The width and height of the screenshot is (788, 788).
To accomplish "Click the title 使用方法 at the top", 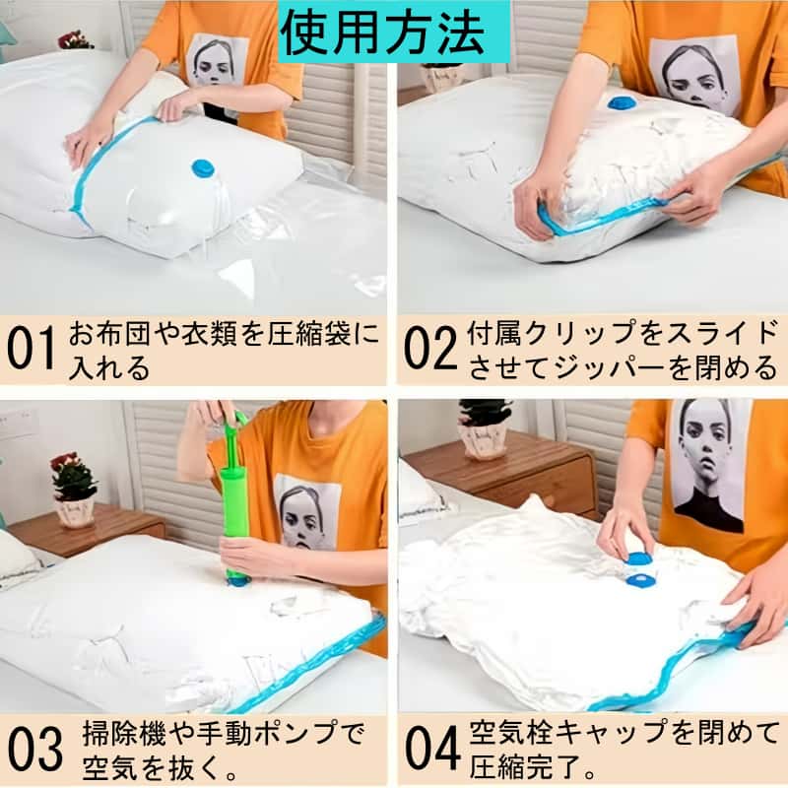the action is point(383,34).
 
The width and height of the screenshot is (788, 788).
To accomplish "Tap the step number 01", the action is point(31,348).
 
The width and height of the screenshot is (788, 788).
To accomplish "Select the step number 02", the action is point(430,348).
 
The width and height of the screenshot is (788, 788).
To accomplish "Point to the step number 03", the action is point(35,749).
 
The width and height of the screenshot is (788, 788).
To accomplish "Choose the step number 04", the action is point(432,748).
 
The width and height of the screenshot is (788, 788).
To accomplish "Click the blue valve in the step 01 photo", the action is point(203,168).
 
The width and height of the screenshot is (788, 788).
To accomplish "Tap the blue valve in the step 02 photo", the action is point(622,103).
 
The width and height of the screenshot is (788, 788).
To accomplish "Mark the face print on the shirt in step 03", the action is point(306,512).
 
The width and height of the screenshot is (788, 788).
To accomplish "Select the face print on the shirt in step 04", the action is point(708,465).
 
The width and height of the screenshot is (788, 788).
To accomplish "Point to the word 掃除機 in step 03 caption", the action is point(124,734).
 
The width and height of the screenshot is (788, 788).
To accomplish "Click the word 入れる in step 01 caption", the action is point(108,367).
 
